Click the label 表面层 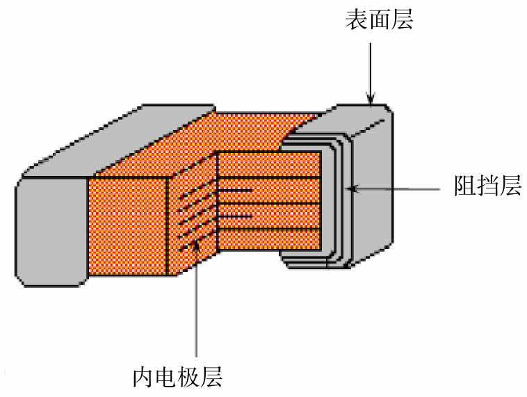point(379,19)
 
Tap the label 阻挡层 point(487,186)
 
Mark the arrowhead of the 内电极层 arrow point(198,244)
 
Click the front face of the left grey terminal point(50,230)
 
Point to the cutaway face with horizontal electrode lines point(271,202)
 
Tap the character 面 point(379,19)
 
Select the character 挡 point(487,186)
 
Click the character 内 point(143,377)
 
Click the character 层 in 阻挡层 point(510,186)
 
